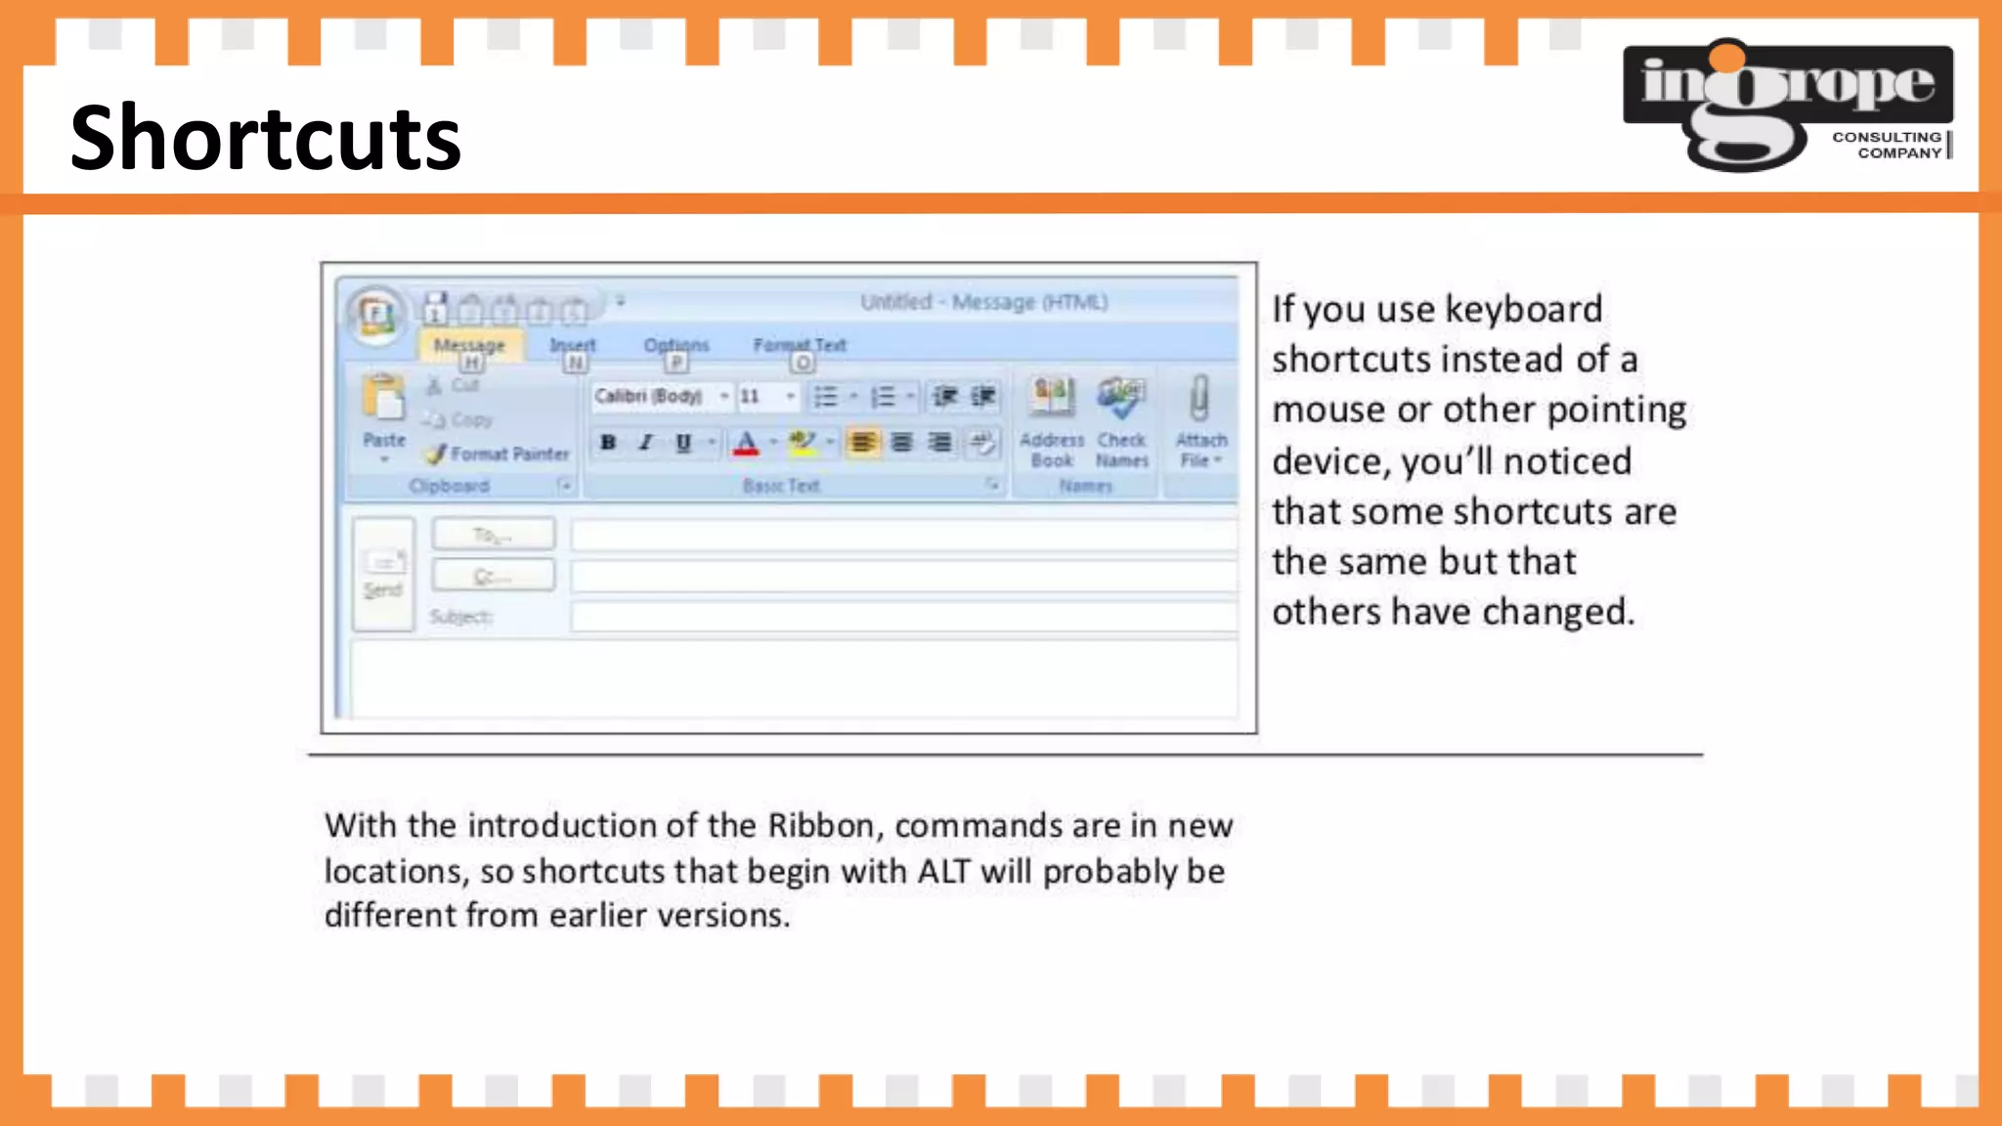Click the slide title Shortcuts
point(265,138)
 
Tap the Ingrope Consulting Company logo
point(1787,105)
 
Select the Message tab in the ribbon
point(469,345)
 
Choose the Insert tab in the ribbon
point(572,345)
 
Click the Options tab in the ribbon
point(675,345)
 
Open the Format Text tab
point(799,345)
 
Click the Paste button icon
point(383,401)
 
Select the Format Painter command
point(500,454)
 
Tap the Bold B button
point(608,443)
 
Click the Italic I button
point(645,443)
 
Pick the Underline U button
point(683,443)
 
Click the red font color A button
point(746,443)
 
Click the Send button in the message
point(383,575)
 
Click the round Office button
point(375,316)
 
